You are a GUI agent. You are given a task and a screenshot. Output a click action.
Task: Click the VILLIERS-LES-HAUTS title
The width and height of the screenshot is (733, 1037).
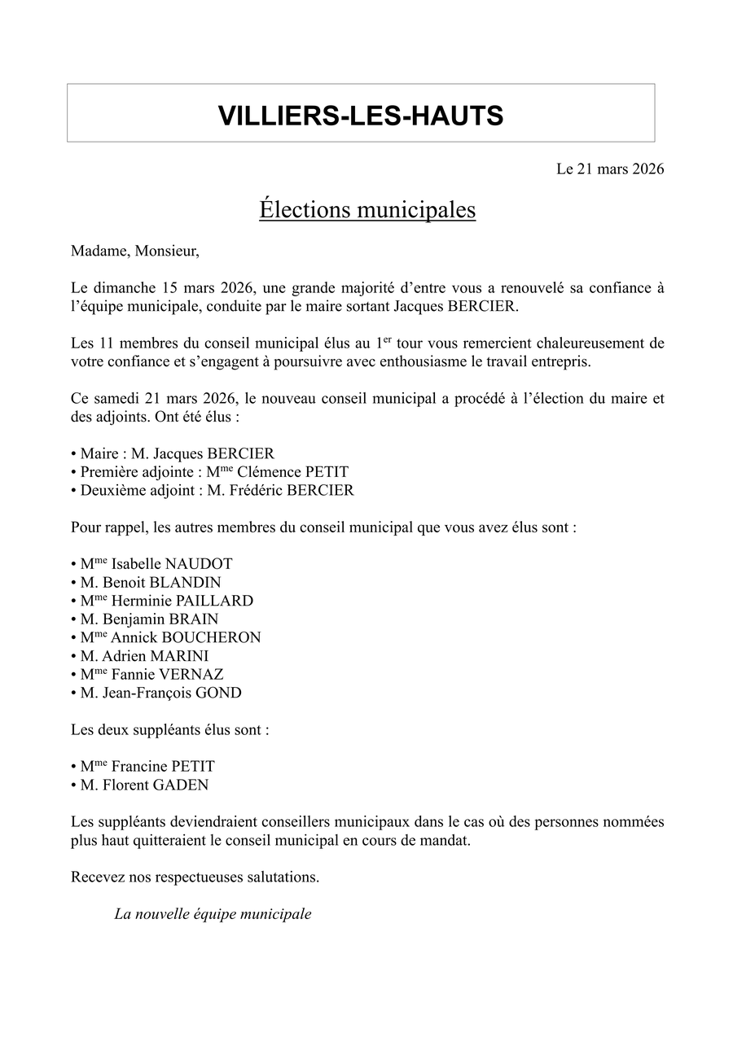pyautogui.click(x=361, y=116)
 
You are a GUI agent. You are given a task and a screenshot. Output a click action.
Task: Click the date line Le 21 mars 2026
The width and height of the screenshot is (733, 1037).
pyautogui.click(x=610, y=169)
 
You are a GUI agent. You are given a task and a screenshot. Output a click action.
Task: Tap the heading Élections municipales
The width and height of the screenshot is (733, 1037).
pyautogui.click(x=367, y=209)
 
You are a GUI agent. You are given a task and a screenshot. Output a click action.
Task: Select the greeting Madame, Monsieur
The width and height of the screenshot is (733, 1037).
pyautogui.click(x=134, y=251)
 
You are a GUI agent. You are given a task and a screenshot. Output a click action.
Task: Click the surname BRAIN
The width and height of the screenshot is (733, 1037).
pyautogui.click(x=195, y=619)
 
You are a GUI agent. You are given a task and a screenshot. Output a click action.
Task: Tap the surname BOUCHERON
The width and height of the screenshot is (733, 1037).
pyautogui.click(x=219, y=637)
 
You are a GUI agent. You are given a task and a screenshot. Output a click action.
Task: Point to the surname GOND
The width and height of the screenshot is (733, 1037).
pyautogui.click(x=218, y=694)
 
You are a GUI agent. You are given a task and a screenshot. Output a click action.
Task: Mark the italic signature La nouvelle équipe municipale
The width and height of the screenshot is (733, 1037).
pyautogui.click(x=213, y=914)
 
